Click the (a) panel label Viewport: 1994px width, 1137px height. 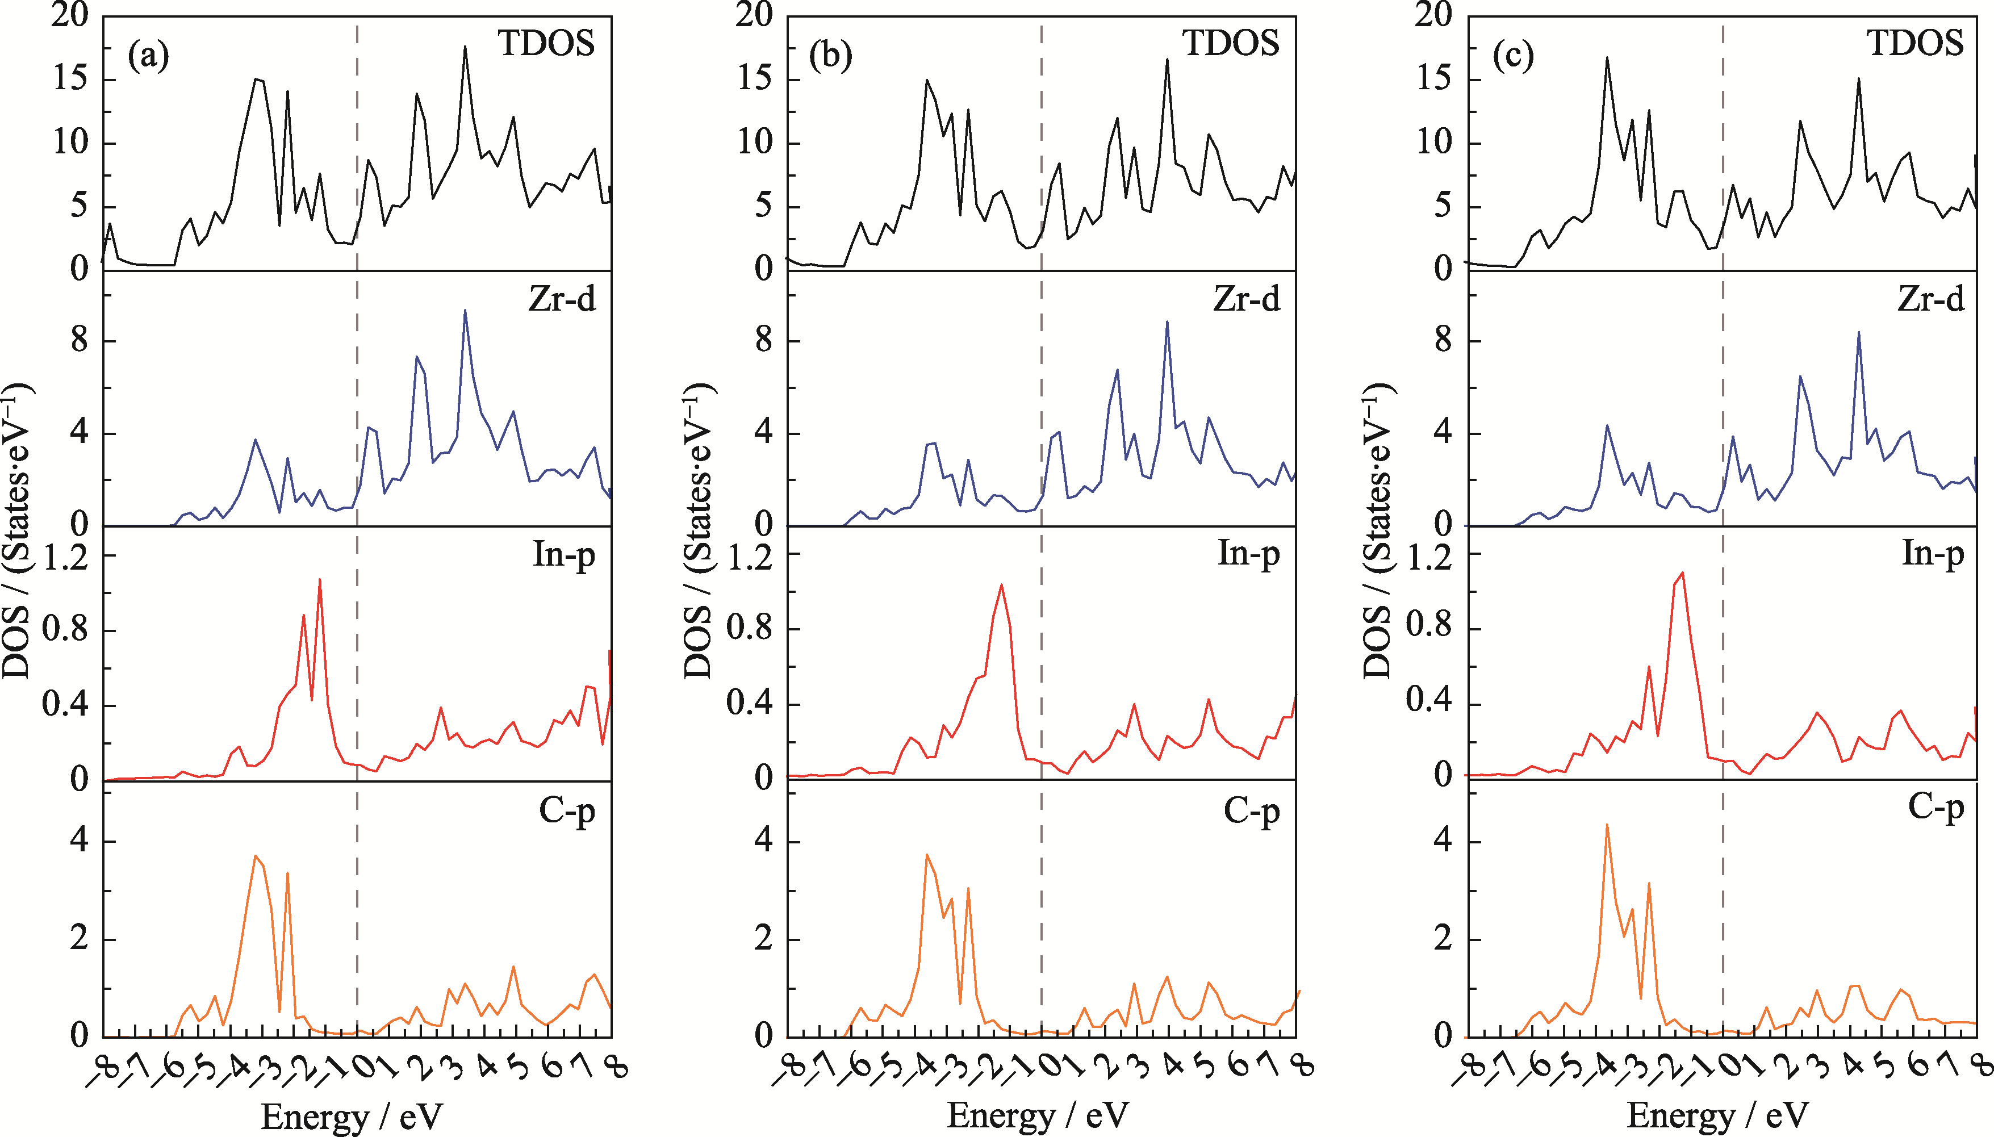148,56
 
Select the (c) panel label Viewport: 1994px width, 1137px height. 1513,56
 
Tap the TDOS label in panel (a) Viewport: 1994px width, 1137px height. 546,43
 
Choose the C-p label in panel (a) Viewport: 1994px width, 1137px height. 567,812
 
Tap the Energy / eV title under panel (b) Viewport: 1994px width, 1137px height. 1038,1115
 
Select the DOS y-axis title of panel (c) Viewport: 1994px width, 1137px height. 1379,531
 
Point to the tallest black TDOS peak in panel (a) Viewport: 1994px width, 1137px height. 465,47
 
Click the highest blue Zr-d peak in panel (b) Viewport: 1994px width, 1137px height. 1167,321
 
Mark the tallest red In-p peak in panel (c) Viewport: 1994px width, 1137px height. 1682,572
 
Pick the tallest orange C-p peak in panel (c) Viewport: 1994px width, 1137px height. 1607,825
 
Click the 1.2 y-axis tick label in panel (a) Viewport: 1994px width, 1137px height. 64,557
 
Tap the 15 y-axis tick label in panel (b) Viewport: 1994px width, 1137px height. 754,80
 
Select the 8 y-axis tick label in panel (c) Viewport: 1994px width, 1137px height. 1443,341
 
